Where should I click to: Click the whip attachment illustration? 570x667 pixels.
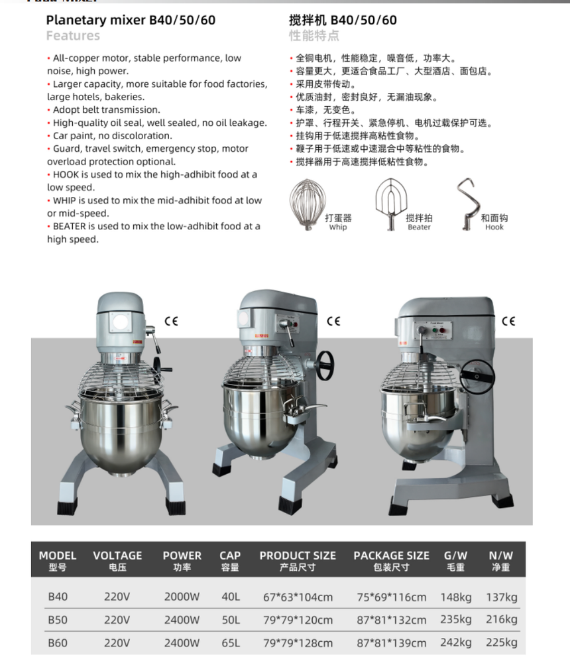point(308,204)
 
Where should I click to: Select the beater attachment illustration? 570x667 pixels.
point(391,204)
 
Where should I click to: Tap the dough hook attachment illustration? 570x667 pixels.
point(467,204)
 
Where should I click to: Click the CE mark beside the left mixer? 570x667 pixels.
point(172,321)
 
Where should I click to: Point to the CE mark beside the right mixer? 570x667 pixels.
point(508,321)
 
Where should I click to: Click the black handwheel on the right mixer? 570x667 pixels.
point(477,377)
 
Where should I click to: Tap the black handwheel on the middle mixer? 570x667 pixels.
point(325,365)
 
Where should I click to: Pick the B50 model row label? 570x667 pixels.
point(58,620)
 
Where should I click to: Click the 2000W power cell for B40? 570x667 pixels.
point(182,597)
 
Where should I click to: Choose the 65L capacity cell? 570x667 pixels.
point(231,642)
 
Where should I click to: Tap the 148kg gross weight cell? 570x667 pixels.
point(456,597)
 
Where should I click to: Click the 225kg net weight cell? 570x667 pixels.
point(502,642)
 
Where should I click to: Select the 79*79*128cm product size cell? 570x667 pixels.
point(298,643)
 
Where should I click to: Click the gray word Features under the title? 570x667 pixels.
point(73,36)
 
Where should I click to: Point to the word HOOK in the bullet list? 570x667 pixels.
point(66,174)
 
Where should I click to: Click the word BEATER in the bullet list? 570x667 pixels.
point(70,226)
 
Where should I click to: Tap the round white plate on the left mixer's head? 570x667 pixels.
point(121,322)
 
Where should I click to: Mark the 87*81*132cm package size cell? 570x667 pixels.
point(391,620)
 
